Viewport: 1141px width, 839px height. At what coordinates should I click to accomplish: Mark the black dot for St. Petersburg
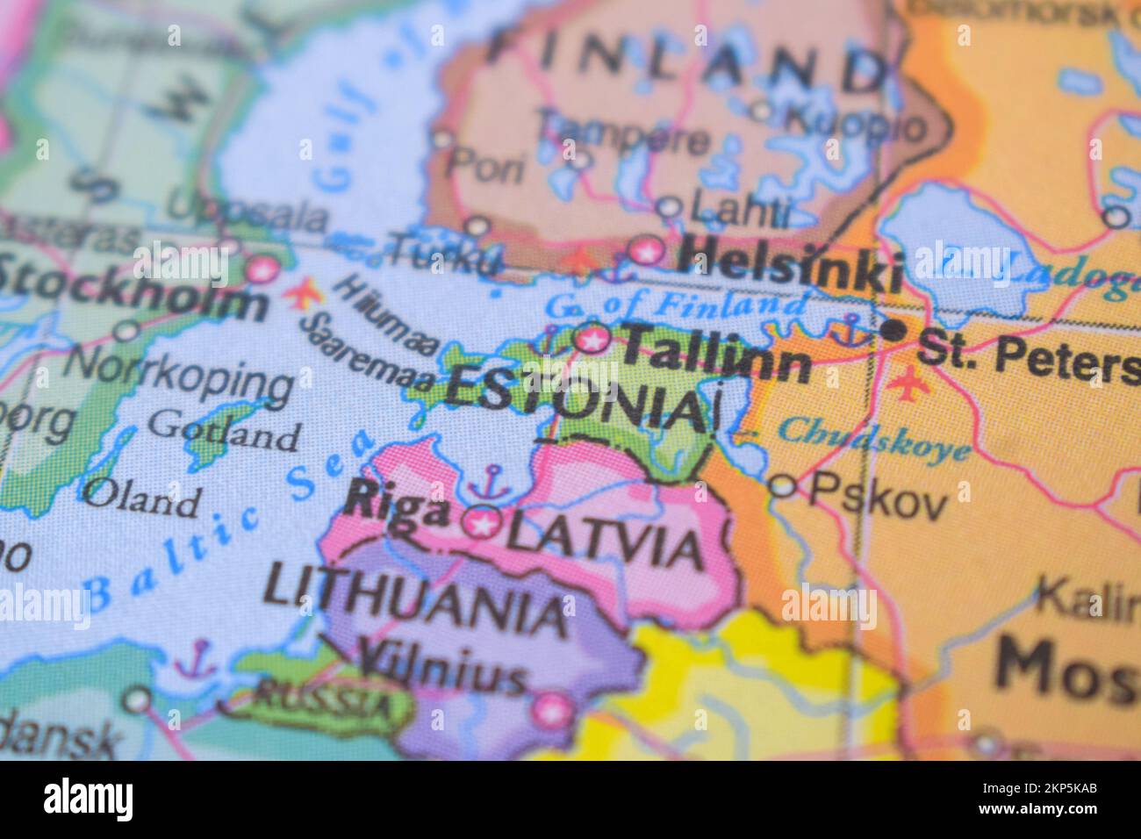point(893,331)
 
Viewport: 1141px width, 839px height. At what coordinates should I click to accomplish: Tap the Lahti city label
point(740,209)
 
